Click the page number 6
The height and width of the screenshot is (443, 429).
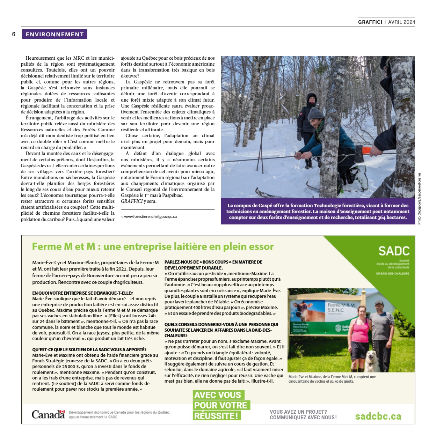click(x=14, y=34)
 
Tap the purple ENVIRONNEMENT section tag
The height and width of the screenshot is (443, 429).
click(x=54, y=34)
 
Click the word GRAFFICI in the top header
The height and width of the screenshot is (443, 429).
click(x=370, y=22)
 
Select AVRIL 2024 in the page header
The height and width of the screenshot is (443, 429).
click(x=402, y=22)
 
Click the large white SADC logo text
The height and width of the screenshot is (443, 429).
click(x=394, y=251)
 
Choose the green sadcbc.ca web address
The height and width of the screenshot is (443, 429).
click(x=378, y=416)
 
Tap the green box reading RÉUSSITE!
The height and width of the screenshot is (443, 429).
click(x=217, y=416)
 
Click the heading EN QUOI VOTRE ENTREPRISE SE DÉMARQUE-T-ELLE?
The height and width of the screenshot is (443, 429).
click(x=82, y=293)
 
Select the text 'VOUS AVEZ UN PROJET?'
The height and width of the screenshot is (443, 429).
click(x=298, y=412)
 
